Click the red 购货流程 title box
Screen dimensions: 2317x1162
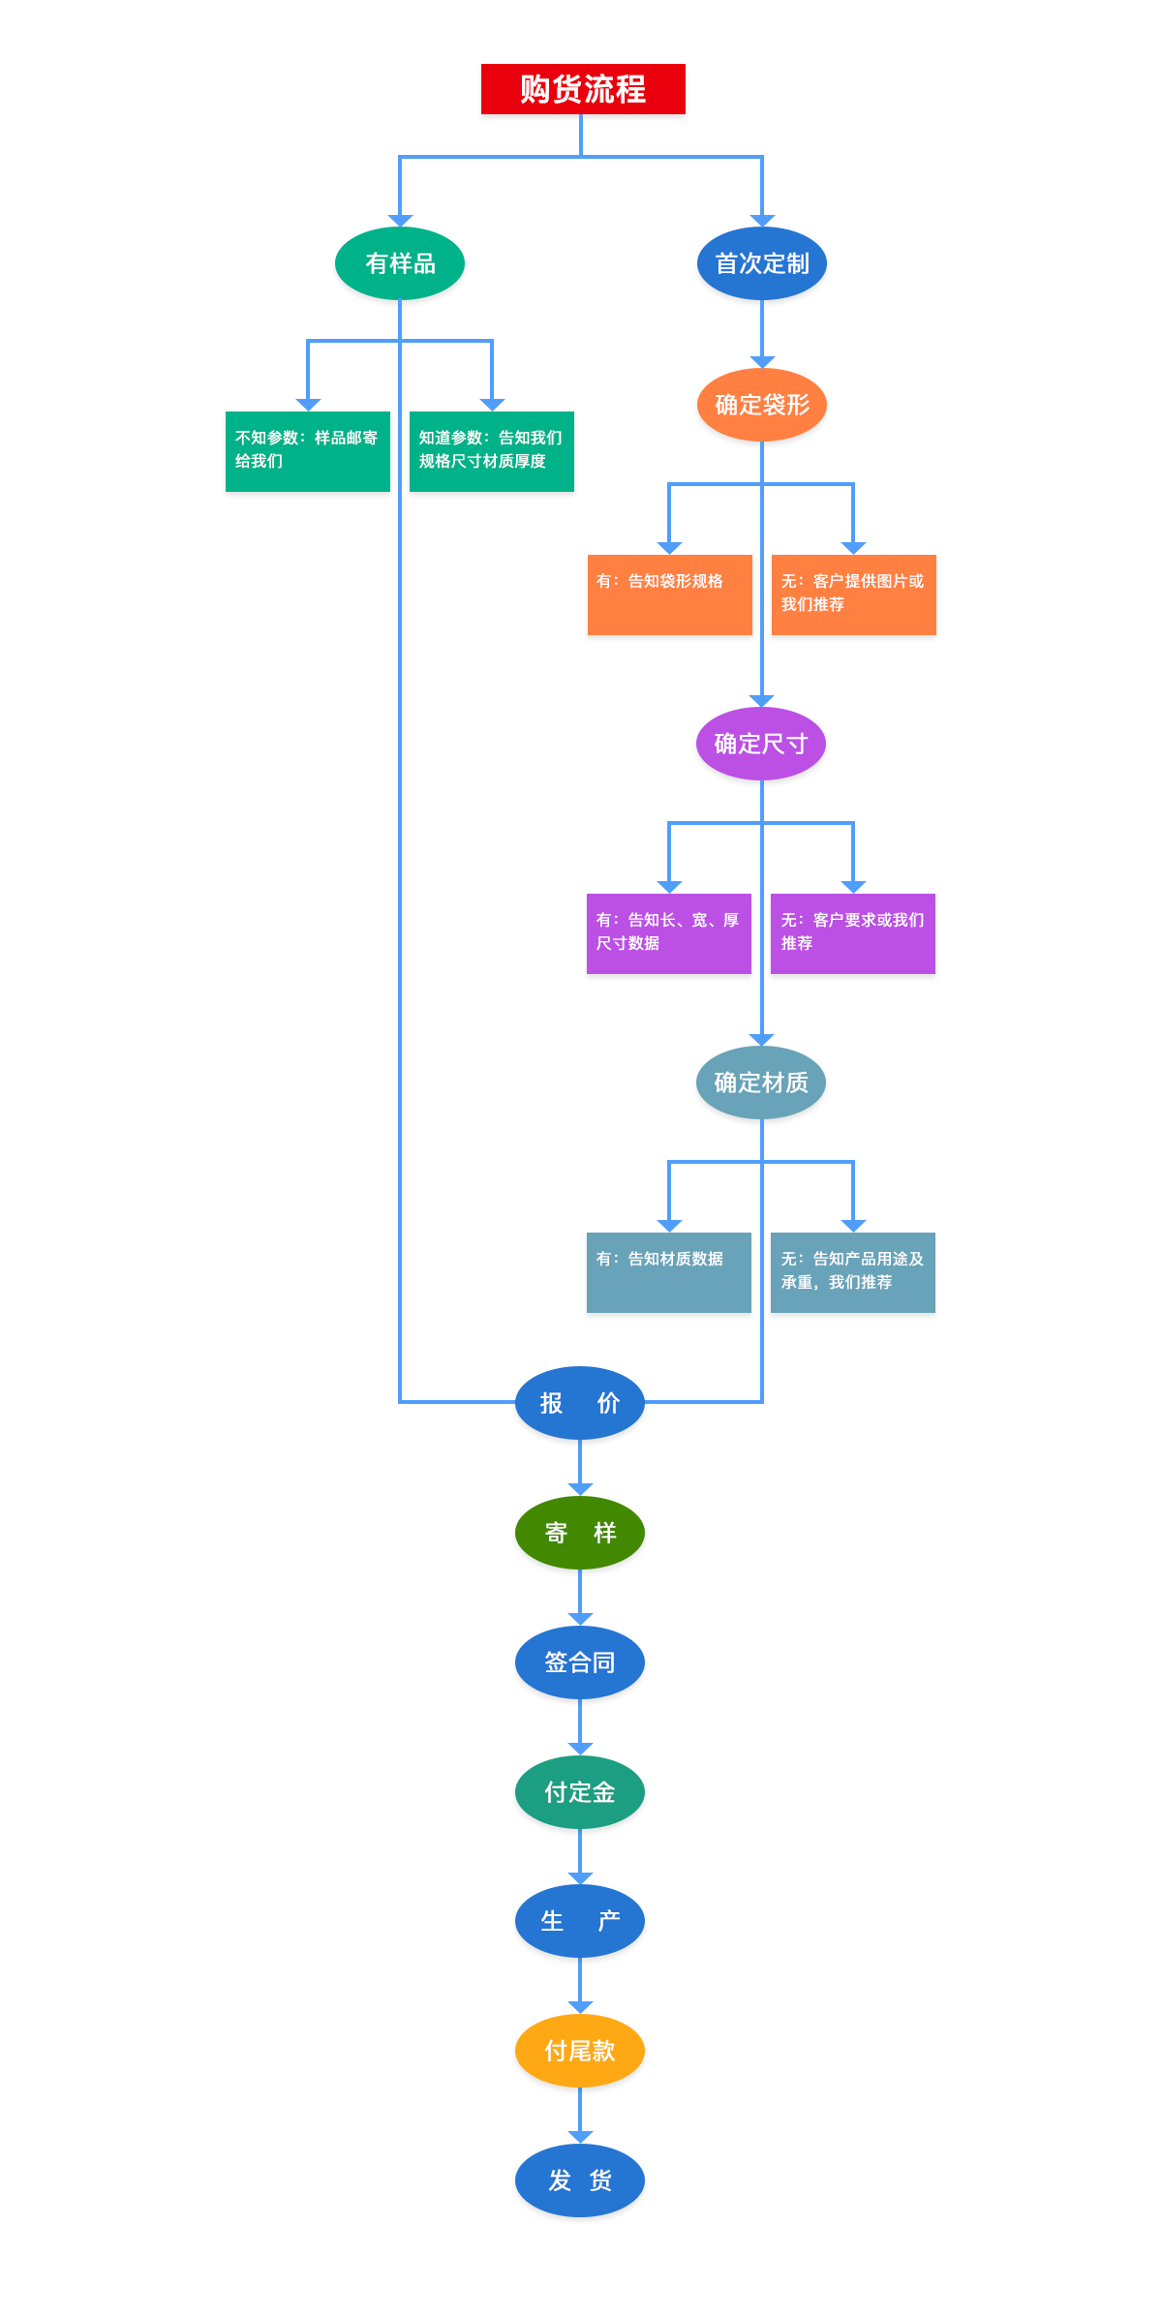(x=583, y=89)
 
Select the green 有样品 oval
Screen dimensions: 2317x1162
(x=400, y=263)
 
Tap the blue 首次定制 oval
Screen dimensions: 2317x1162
(x=762, y=263)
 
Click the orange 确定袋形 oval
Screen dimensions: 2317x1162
(x=762, y=405)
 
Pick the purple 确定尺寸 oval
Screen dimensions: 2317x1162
(x=761, y=744)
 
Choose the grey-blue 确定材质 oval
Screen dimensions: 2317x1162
(x=761, y=1082)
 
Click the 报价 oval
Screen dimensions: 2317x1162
(x=580, y=1403)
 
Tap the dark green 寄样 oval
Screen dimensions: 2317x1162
(x=580, y=1533)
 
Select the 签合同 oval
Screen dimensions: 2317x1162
(x=580, y=1662)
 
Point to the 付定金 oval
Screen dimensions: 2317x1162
(x=580, y=1792)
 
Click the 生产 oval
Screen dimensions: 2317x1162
(x=580, y=1921)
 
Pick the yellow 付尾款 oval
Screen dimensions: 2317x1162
(x=580, y=2051)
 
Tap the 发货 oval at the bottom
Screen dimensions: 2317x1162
(x=580, y=2180)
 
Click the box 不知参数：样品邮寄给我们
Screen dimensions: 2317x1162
(x=307, y=451)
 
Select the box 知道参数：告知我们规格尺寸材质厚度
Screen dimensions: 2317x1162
(x=491, y=451)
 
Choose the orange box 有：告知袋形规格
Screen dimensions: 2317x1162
(x=669, y=594)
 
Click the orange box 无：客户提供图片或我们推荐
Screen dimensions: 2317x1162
(x=853, y=594)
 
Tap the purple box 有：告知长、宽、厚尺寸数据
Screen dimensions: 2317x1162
(x=668, y=933)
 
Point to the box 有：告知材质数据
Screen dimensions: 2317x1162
(x=668, y=1272)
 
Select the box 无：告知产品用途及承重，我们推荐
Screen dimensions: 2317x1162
(x=852, y=1272)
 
